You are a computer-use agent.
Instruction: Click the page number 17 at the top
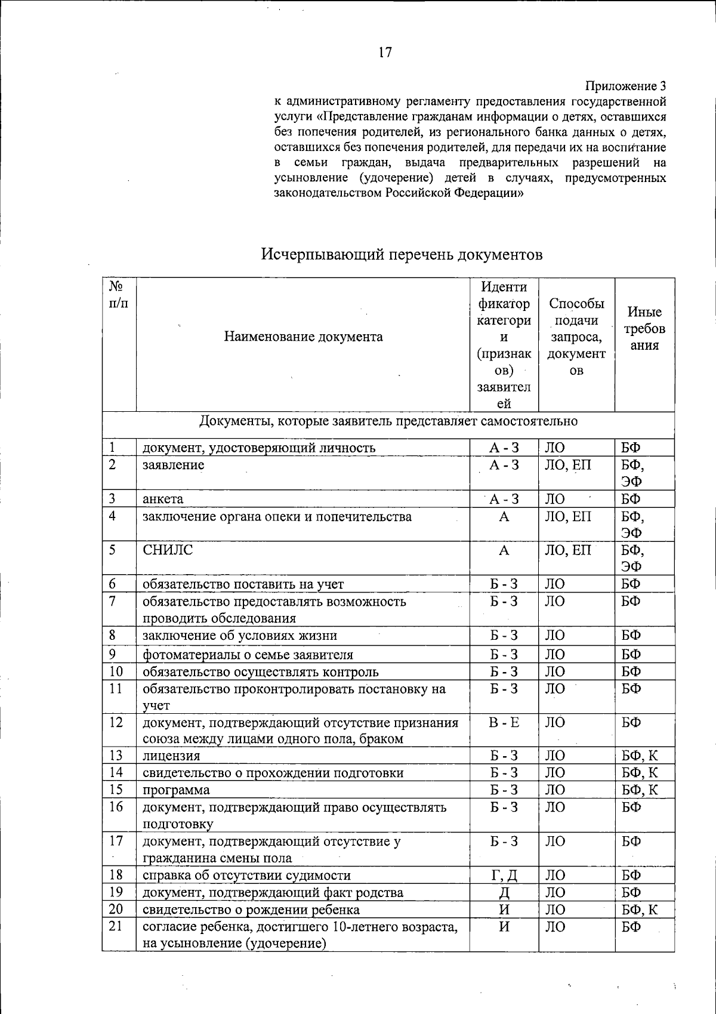(x=385, y=53)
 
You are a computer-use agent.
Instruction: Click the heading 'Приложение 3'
(x=626, y=85)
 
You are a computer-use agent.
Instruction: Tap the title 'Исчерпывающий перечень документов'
(x=402, y=255)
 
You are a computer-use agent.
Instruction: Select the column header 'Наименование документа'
(x=303, y=337)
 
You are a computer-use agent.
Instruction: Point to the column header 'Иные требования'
(x=644, y=329)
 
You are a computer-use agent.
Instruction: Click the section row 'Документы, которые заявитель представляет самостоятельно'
(x=388, y=421)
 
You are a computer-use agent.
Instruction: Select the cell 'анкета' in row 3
(x=163, y=499)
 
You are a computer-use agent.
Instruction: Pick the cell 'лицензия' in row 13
(x=171, y=756)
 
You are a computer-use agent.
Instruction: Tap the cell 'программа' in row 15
(x=176, y=790)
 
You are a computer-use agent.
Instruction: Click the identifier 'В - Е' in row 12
(x=504, y=723)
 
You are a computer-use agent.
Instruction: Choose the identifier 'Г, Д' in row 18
(x=504, y=876)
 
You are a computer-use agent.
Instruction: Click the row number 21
(x=116, y=927)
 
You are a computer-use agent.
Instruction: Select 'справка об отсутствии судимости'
(x=246, y=876)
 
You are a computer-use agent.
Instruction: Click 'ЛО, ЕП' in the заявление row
(x=567, y=465)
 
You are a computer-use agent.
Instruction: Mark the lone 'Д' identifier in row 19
(x=504, y=893)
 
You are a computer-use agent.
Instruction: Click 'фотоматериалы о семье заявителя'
(x=248, y=655)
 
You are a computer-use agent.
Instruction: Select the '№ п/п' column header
(x=119, y=294)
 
